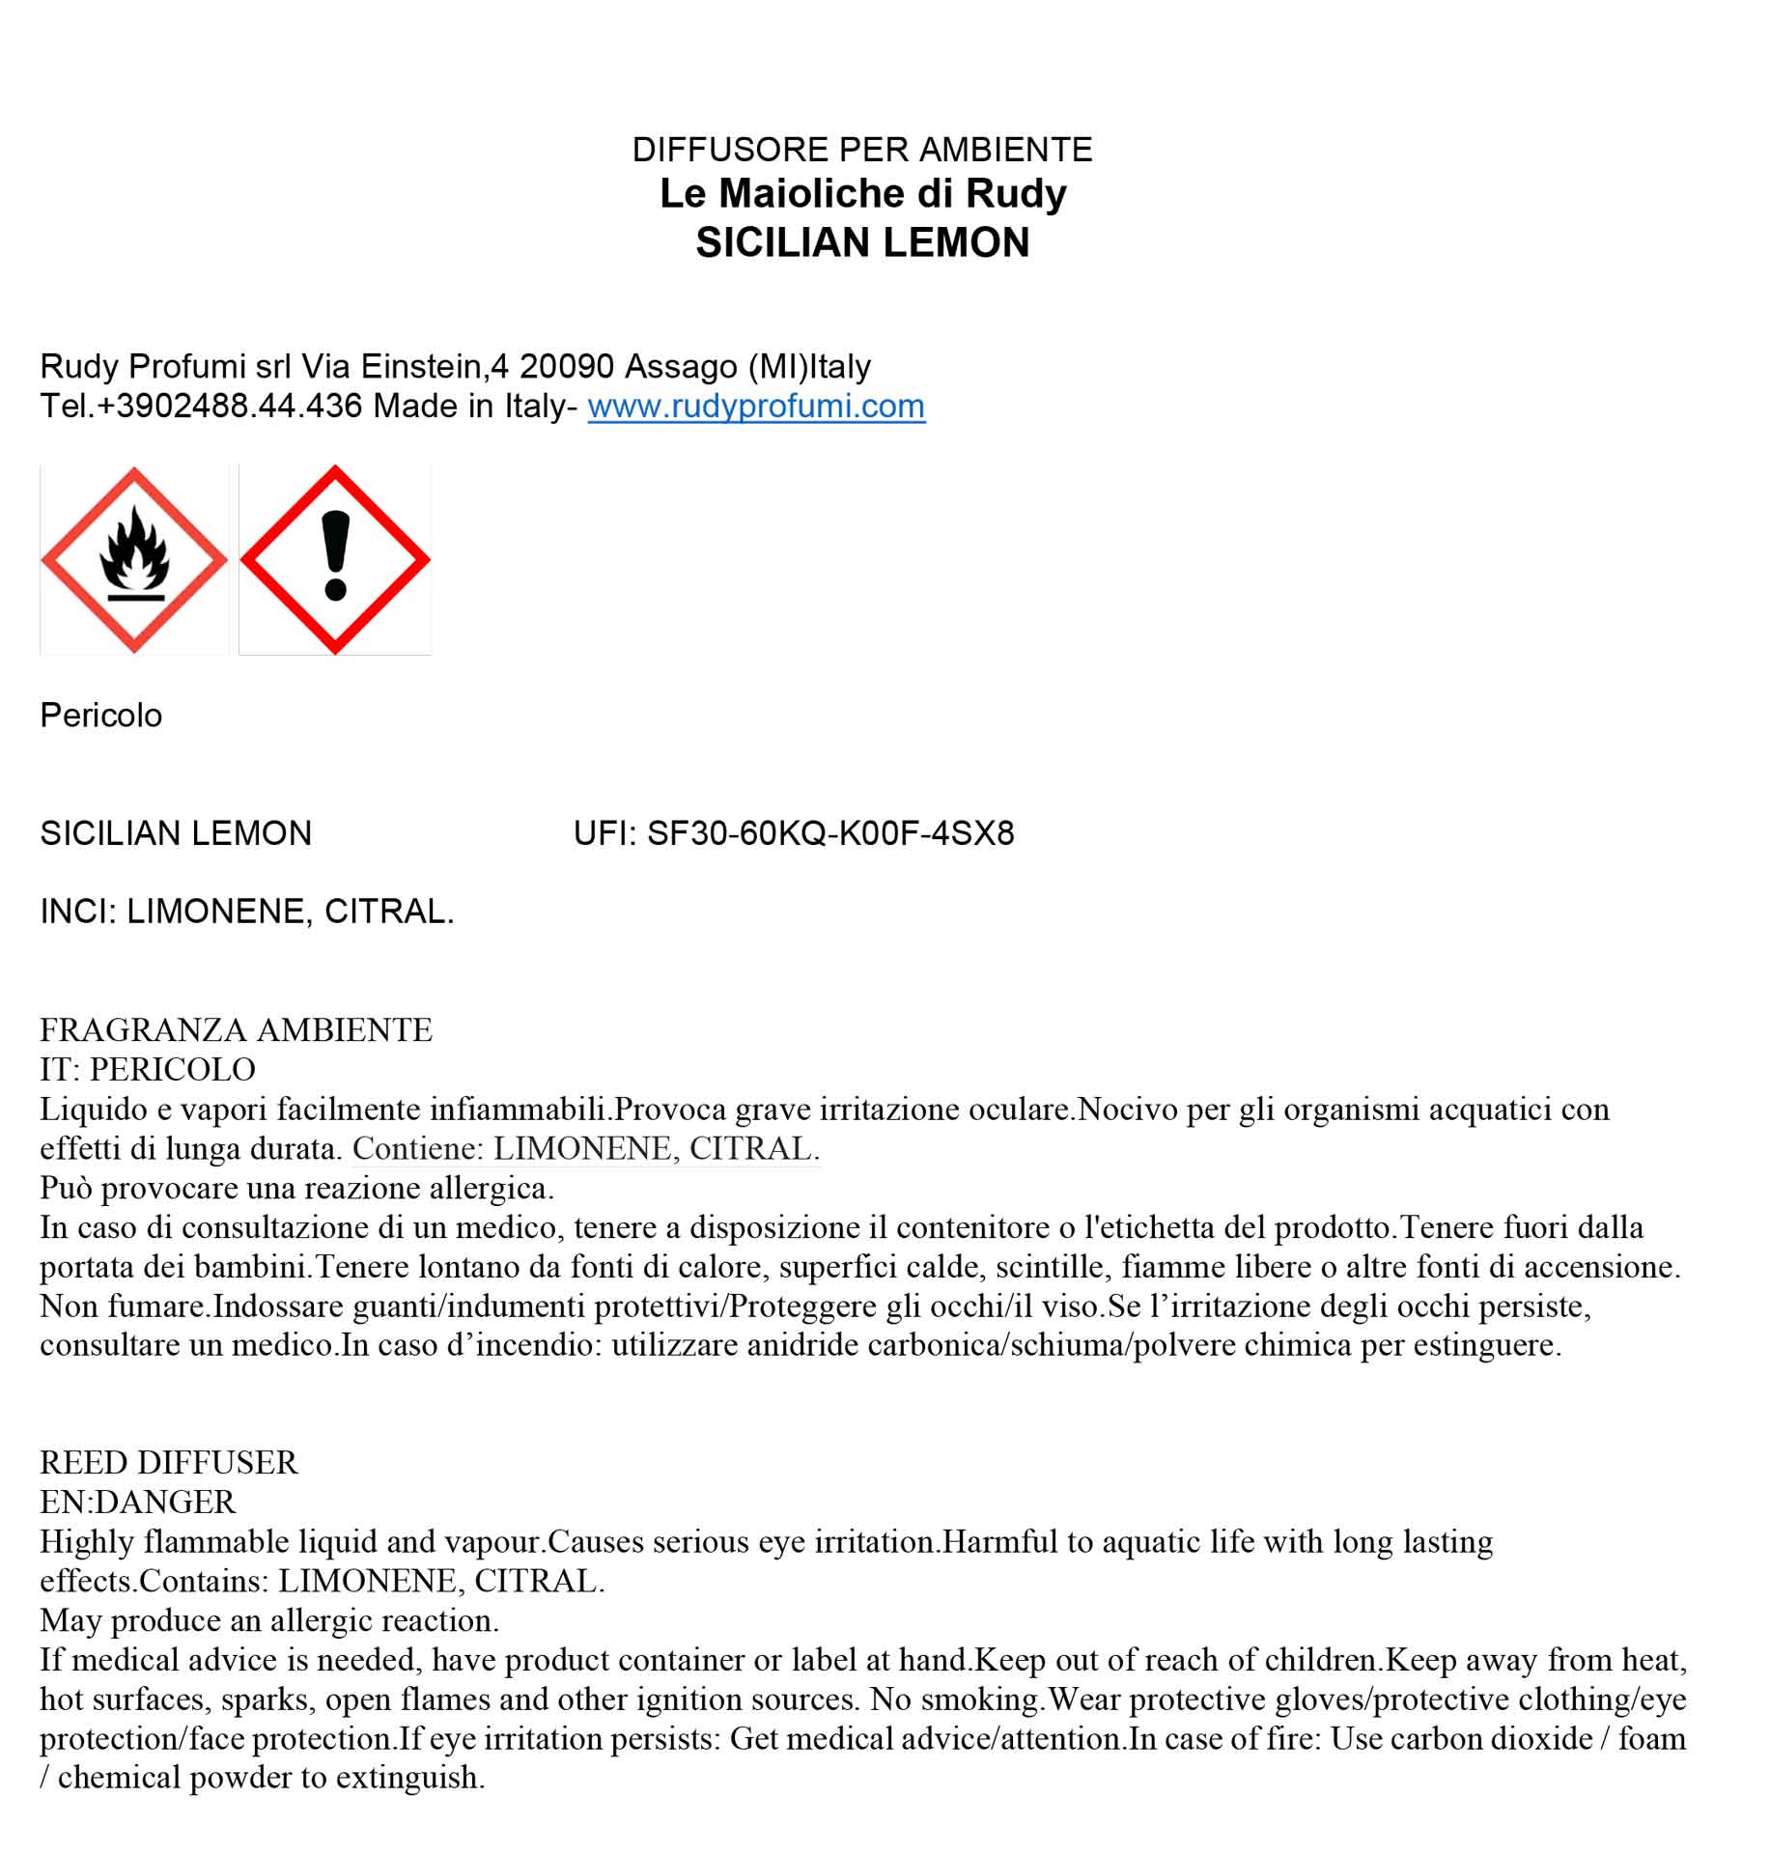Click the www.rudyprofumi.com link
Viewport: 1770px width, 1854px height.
[756, 407]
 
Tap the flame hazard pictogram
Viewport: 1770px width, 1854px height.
[134, 560]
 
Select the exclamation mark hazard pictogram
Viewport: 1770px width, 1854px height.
[335, 560]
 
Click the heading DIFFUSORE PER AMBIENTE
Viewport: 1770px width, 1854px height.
[861, 150]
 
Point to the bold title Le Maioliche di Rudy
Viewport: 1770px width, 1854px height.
[862, 194]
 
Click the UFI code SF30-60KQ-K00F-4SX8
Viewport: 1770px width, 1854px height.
[829, 833]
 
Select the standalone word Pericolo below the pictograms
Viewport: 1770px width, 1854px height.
[101, 716]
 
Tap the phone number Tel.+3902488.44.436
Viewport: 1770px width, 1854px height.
[201, 407]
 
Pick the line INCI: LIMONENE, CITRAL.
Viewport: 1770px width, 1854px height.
[247, 912]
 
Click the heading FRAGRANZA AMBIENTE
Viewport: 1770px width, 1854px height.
[237, 1030]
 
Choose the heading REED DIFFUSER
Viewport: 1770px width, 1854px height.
[169, 1463]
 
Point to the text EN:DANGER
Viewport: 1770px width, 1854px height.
[138, 1503]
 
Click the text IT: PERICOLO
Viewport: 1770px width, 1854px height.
[148, 1070]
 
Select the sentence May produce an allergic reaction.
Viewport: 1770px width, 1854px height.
[269, 1620]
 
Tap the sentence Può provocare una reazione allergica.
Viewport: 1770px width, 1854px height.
[297, 1188]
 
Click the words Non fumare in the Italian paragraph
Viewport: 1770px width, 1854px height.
[124, 1306]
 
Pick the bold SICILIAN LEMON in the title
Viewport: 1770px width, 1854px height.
[862, 242]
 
